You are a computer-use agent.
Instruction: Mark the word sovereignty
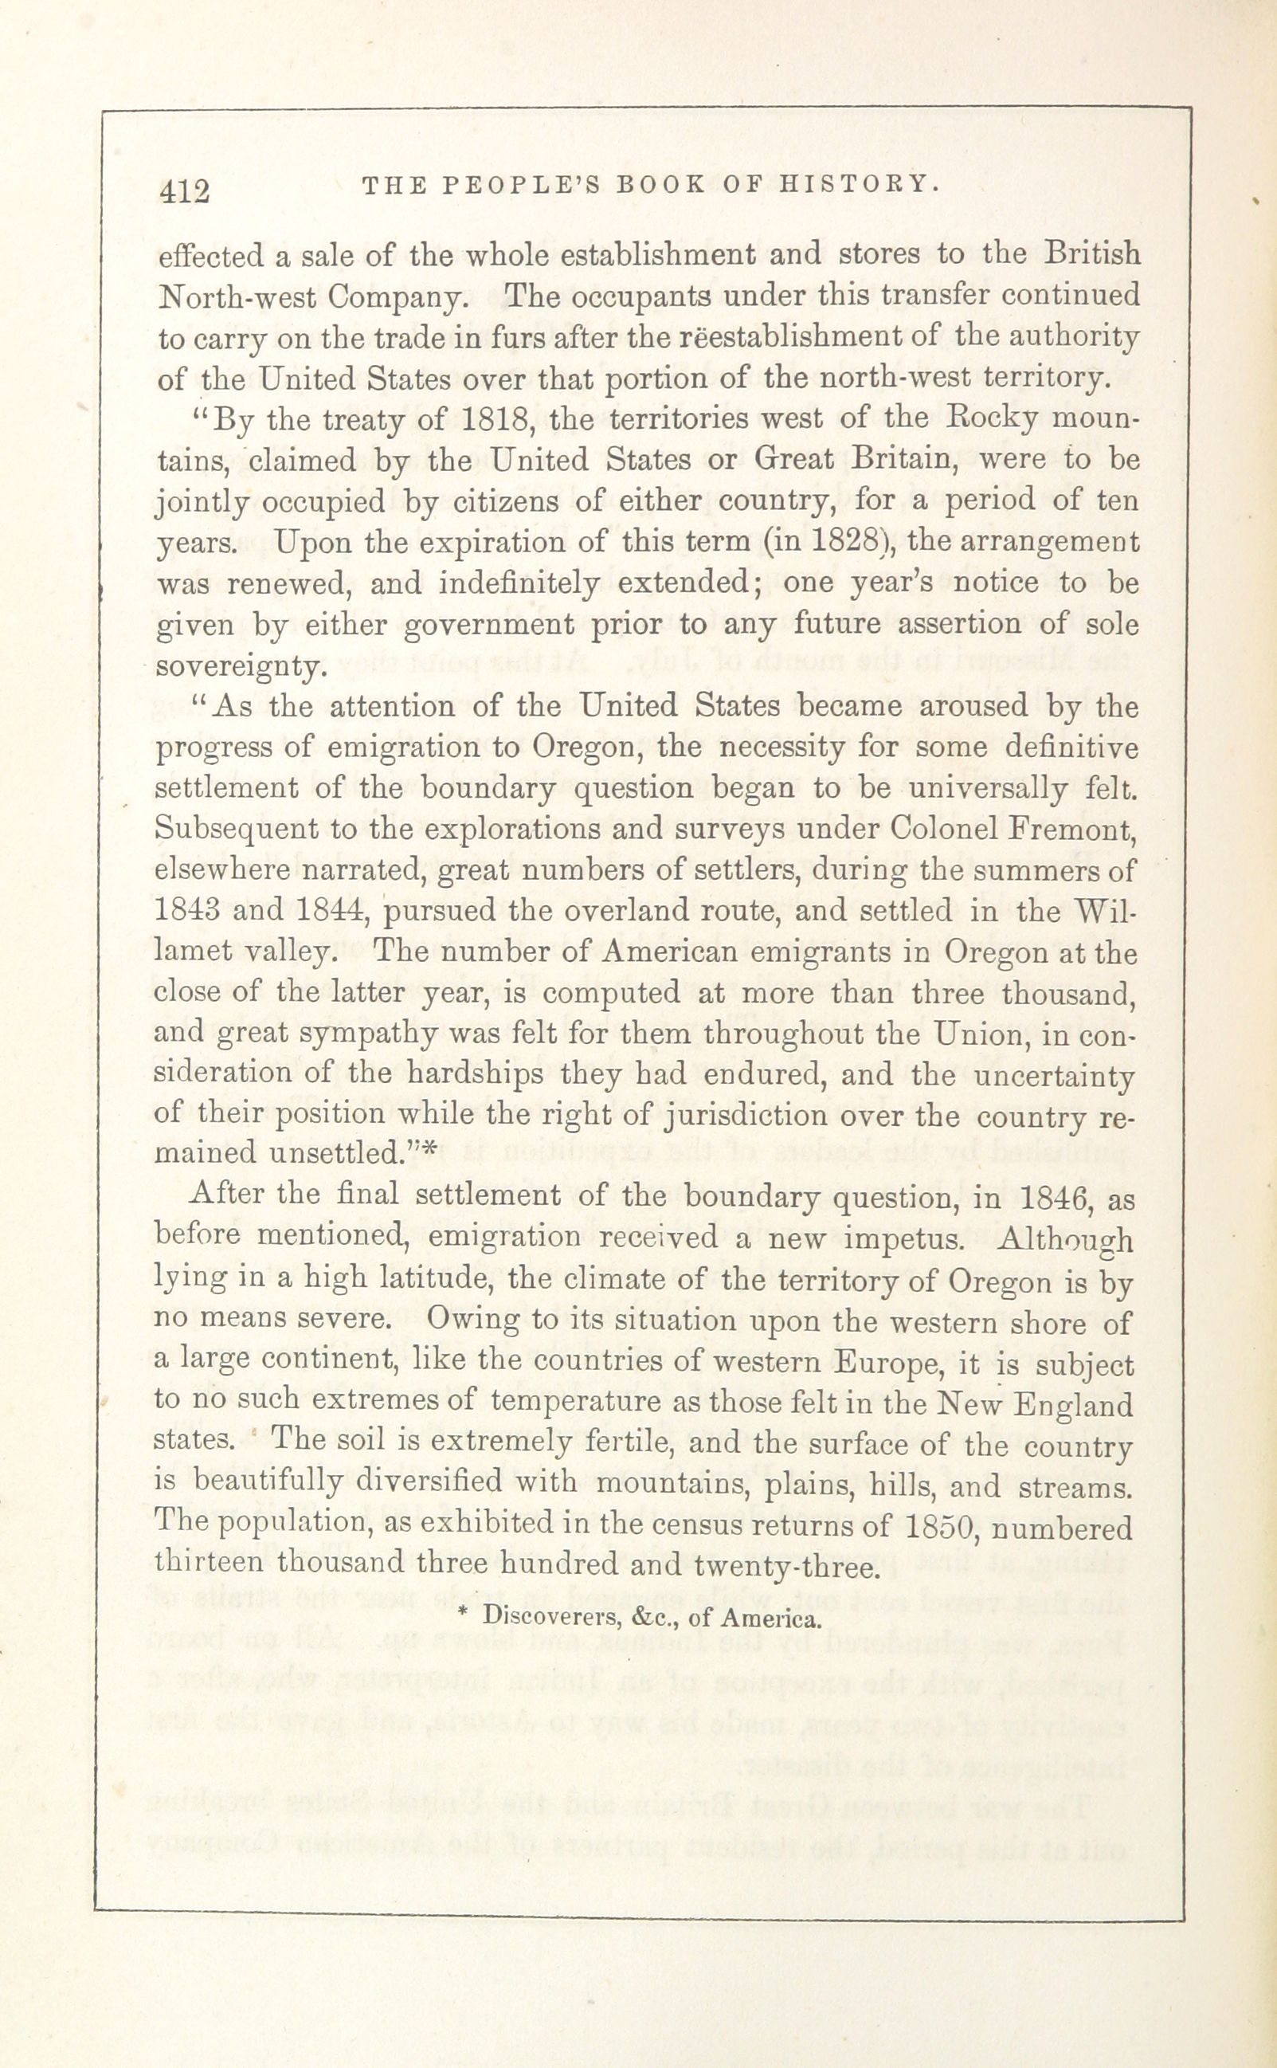point(239,666)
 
